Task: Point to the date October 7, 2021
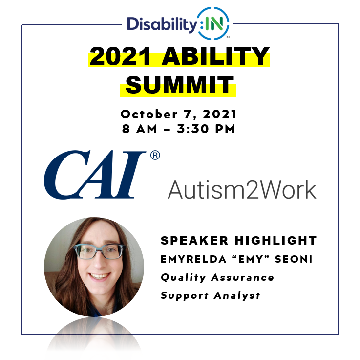(178, 114)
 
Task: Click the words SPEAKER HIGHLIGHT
(239, 241)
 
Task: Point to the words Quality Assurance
(217, 277)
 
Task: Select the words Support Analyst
(211, 295)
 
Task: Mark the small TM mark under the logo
(228, 37)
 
